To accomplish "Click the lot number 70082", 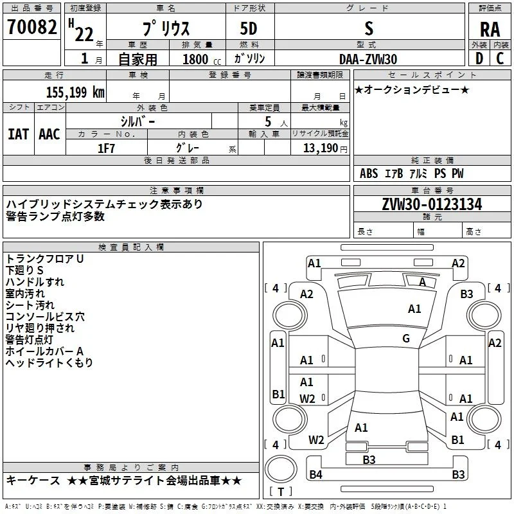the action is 31,27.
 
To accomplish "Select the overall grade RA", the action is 490,30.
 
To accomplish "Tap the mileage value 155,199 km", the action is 75,93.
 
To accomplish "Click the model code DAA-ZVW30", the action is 368,59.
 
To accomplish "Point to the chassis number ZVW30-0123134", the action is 432,204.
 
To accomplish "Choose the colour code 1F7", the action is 106,148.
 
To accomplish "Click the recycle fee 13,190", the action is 320,148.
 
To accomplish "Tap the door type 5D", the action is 249,29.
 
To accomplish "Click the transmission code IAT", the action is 19,134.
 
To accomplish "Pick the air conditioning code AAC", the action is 49,134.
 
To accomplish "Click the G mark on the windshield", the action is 406,339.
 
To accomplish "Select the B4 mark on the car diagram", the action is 315,474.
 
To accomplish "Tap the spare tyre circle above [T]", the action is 281,469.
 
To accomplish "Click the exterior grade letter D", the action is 479,58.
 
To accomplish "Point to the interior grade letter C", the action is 500,58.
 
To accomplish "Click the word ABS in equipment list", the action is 369,173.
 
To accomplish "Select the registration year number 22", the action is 84,34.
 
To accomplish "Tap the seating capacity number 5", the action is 268,121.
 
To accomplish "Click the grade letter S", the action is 369,29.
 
